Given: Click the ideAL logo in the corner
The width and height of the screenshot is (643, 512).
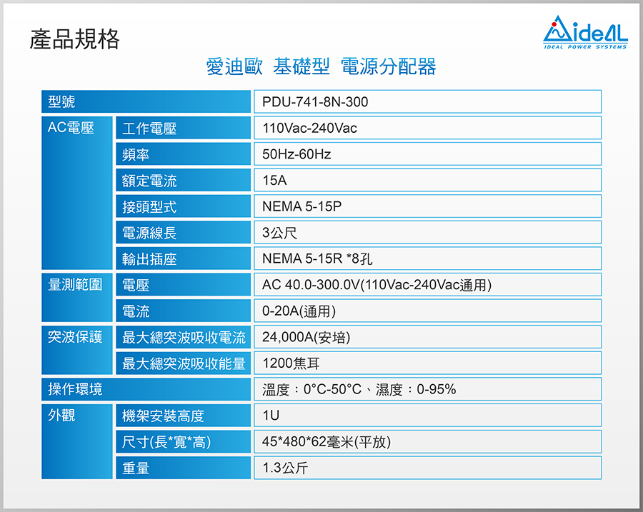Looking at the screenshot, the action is pyautogui.click(x=585, y=32).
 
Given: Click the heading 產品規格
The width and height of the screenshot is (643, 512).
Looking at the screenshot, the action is pyautogui.click(x=74, y=39).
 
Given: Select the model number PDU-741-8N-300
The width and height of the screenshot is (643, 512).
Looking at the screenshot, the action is pyautogui.click(x=315, y=101).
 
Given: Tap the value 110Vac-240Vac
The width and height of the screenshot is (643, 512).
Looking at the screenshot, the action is pyautogui.click(x=309, y=128).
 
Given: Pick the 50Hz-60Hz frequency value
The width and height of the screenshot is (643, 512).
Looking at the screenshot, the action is pyautogui.click(x=296, y=154).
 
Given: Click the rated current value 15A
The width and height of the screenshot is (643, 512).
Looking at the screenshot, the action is pyautogui.click(x=274, y=181).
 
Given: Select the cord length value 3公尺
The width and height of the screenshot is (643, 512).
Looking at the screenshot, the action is pyautogui.click(x=279, y=232).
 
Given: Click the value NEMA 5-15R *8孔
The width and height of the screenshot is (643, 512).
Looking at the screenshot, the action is pyautogui.click(x=317, y=258).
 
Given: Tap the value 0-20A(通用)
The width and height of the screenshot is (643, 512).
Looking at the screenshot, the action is pyautogui.click(x=299, y=311).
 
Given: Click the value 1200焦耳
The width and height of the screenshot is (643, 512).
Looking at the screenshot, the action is pyautogui.click(x=291, y=363).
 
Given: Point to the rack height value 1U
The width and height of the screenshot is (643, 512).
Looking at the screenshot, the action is pyautogui.click(x=271, y=416).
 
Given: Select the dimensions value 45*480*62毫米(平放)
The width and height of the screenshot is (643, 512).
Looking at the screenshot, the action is pyautogui.click(x=327, y=442).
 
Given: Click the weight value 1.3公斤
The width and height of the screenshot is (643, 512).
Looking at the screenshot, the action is pyautogui.click(x=285, y=468).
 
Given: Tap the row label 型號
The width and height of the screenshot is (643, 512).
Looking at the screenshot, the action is pyautogui.click(x=61, y=101).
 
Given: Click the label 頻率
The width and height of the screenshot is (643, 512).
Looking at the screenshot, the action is pyautogui.click(x=136, y=154).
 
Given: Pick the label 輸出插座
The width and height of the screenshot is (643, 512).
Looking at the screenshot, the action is pyautogui.click(x=149, y=259).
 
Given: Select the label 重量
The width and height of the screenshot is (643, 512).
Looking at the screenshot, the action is pyautogui.click(x=136, y=468).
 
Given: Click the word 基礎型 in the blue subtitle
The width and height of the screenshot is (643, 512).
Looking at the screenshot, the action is pyautogui.click(x=301, y=66).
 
